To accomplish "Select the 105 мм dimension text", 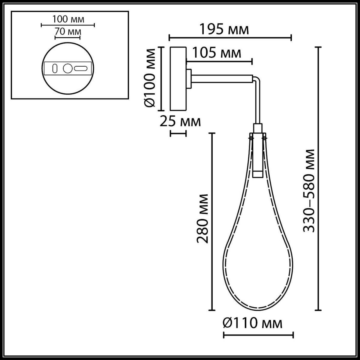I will coord(217,53).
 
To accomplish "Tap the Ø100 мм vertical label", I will coord(149,78).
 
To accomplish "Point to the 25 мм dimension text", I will coord(180,121).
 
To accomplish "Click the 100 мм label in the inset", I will coord(68,19).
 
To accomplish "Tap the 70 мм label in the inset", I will coord(68,31).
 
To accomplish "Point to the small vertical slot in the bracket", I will coord(55,68).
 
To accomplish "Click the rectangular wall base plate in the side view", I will coord(178,78).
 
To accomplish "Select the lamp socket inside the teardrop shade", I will coord(258,157).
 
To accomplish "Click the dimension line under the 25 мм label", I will coord(178,134).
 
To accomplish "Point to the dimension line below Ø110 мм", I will coord(258,335).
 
